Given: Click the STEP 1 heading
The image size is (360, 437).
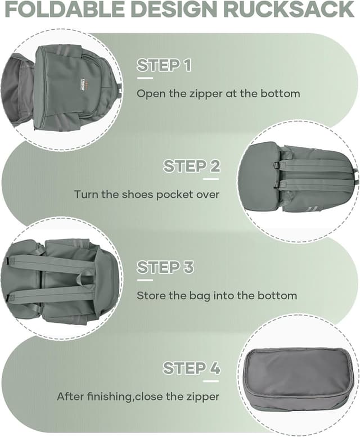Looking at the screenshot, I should (164, 65).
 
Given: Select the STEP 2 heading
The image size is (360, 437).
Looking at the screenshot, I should (191, 166).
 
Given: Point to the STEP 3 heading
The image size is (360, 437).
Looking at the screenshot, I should (165, 267).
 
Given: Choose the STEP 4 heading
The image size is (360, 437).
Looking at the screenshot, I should (191, 368).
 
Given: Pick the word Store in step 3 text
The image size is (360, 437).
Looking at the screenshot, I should (150, 295).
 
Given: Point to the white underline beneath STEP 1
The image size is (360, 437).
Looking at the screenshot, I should (145, 78).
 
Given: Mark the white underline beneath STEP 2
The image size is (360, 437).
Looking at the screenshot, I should (211, 179).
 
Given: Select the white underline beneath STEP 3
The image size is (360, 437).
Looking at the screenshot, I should (145, 280).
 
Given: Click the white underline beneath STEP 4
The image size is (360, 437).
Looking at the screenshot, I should (211, 381).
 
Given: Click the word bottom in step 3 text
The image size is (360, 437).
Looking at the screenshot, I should (277, 295).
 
